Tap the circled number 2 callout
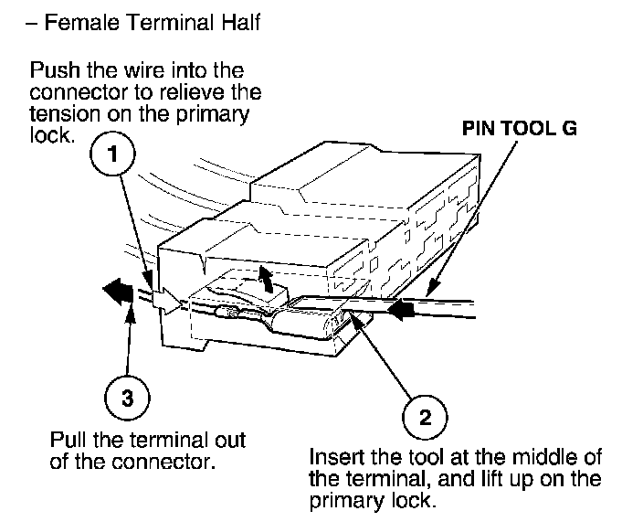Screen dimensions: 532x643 [425, 417]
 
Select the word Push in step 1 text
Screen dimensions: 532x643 [51, 70]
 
